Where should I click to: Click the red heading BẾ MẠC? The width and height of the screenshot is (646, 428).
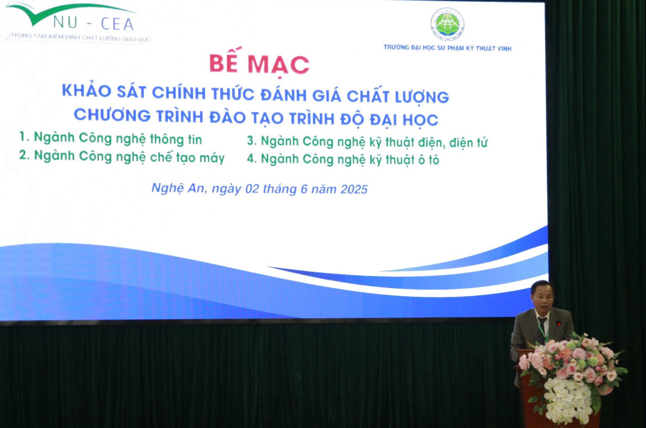(x=259, y=63)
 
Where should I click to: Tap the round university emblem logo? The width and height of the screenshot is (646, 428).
(x=447, y=24)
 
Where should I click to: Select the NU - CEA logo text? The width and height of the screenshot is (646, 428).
(x=93, y=24)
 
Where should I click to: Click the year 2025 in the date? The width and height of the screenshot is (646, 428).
(x=354, y=189)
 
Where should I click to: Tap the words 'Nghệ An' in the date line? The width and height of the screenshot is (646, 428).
(x=179, y=188)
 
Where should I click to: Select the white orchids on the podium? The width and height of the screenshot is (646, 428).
(x=568, y=398)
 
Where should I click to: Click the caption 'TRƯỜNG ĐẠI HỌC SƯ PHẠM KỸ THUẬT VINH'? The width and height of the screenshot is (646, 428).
(x=447, y=48)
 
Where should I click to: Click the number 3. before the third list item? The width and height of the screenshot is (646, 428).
(x=252, y=141)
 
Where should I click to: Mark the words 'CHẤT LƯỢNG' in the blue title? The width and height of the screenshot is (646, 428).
(x=398, y=97)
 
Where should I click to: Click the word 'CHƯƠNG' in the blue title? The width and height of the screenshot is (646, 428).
(x=112, y=115)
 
